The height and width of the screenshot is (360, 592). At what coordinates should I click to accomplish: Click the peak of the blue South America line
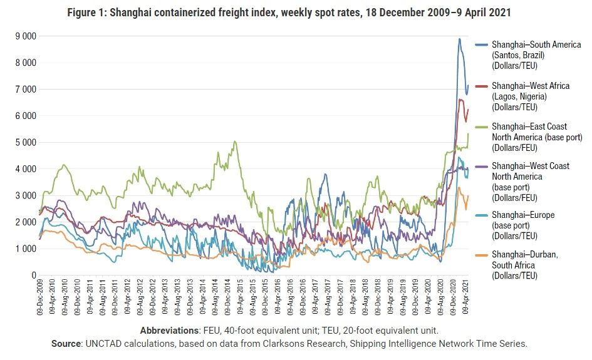pyautogui.click(x=459, y=39)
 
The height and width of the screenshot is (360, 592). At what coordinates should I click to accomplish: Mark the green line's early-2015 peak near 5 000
pyautogui.click(x=235, y=141)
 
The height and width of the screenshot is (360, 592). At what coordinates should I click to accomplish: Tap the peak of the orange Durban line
pyautogui.click(x=459, y=187)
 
